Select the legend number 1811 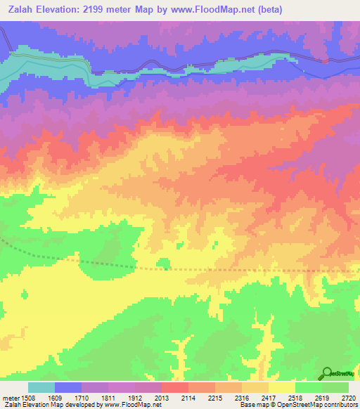109,397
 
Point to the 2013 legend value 162,397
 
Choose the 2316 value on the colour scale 243,397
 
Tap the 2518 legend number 296,397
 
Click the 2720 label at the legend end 349,397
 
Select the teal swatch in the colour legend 41,387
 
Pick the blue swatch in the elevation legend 68,387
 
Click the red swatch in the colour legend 174,387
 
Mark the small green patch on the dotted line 164,264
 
